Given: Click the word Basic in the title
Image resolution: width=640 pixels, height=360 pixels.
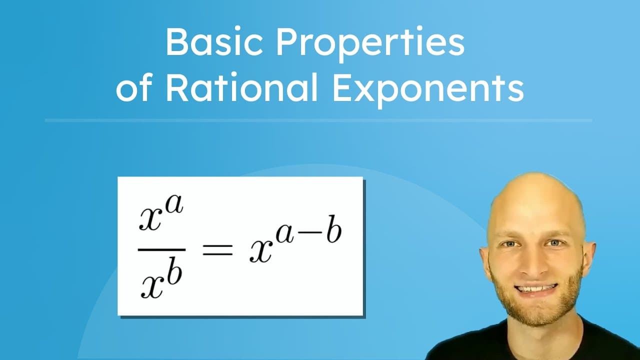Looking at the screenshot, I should coord(214,43).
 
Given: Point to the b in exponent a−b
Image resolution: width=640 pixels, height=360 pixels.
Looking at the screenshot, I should coord(333,230).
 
